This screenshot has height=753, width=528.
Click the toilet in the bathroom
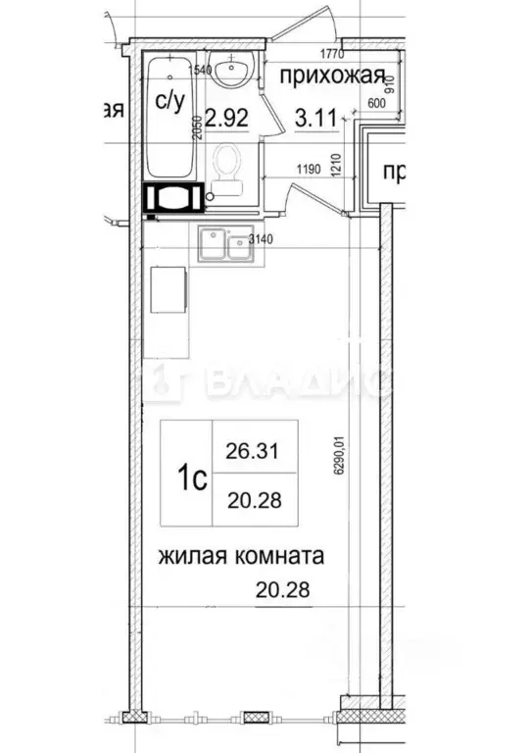coord(228,167)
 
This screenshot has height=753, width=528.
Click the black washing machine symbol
coord(174,197)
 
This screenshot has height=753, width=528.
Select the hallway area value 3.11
coord(315,120)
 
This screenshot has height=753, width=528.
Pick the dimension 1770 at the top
coord(327,56)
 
